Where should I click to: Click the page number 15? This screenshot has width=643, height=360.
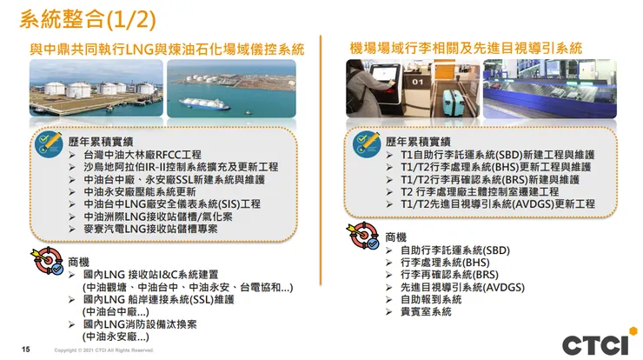25,350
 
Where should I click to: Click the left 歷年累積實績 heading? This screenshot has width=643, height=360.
96,141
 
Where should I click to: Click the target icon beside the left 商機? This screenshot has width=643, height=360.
49,263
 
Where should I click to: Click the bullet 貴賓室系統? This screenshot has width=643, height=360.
426,311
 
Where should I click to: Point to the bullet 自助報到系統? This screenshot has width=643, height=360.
431,299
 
